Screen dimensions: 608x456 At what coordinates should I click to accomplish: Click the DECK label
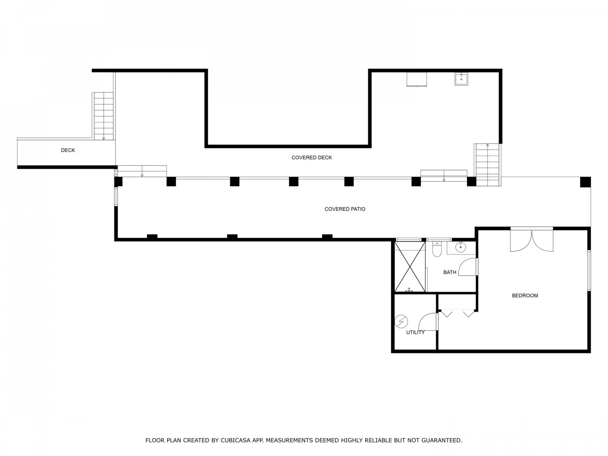pyautogui.click(x=68, y=150)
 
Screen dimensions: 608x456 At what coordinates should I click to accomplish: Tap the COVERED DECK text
pyautogui.click(x=312, y=158)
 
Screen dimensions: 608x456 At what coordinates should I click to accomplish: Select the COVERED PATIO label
pyautogui.click(x=345, y=209)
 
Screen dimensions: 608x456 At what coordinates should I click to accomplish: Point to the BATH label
pyautogui.click(x=450, y=272)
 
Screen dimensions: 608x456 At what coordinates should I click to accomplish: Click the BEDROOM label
pyautogui.click(x=525, y=296)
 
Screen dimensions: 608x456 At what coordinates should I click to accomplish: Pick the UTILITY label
pyautogui.click(x=415, y=333)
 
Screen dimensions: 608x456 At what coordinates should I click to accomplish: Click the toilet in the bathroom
pyautogui.click(x=437, y=249)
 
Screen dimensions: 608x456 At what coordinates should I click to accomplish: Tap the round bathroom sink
pyautogui.click(x=460, y=247)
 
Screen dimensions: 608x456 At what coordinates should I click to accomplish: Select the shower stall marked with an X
pyautogui.click(x=410, y=266)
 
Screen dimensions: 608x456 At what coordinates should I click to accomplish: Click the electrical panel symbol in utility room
pyautogui.click(x=401, y=322)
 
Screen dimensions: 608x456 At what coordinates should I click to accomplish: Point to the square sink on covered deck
pyautogui.click(x=461, y=79)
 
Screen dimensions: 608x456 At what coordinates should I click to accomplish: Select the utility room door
pyautogui.click(x=428, y=322)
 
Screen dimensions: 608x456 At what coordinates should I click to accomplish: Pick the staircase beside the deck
pyautogui.click(x=103, y=116)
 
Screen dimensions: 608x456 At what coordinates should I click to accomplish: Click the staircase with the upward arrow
pyautogui.click(x=487, y=165)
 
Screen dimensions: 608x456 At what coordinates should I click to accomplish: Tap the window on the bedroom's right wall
pyautogui.click(x=589, y=270)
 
